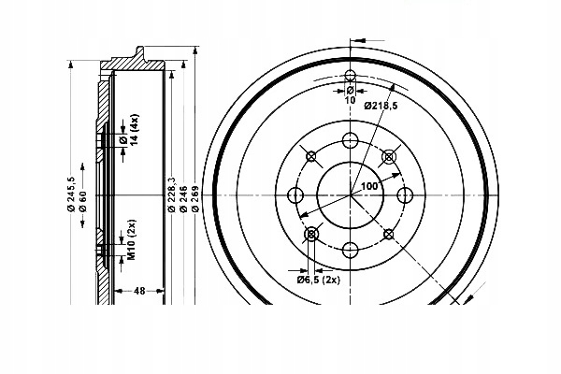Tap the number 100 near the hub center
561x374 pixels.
369,187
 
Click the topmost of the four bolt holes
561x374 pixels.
351,141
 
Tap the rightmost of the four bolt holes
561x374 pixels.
405,195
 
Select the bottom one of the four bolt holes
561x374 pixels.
351,250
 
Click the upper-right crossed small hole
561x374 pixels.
389,157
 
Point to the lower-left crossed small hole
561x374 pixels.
312,234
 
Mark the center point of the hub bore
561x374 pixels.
351,195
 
